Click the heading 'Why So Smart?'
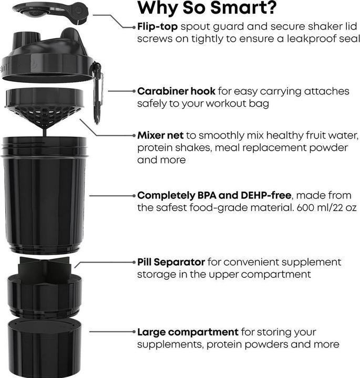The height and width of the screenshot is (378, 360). coord(208,9)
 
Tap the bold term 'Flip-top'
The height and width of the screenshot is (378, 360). coord(157,26)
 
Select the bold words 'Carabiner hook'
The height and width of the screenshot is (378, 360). coord(176,91)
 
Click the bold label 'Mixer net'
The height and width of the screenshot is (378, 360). coord(160,135)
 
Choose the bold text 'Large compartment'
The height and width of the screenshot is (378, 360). coord(188,332)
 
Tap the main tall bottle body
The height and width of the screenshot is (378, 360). coord(44,194)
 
